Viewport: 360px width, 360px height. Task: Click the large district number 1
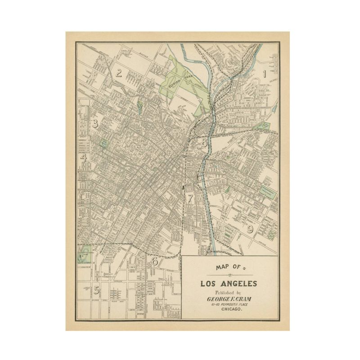[x=265, y=73]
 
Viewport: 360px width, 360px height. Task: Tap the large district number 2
[x=119, y=73]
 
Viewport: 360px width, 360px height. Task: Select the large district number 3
[x=95, y=124]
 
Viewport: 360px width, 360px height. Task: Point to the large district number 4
[x=83, y=158]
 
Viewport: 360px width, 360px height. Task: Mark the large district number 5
[x=96, y=290]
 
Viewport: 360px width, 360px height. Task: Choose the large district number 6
[x=154, y=261]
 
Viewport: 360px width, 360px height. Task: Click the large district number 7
[x=190, y=198]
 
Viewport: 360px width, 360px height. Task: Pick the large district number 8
[x=204, y=144]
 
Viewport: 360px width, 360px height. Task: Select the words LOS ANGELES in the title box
[x=229, y=283]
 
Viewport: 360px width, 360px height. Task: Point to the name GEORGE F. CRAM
[x=229, y=299]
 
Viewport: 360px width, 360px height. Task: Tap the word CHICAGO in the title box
[x=229, y=311]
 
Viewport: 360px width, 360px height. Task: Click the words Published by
[x=229, y=292]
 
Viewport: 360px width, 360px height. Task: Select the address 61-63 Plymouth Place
[x=229, y=306]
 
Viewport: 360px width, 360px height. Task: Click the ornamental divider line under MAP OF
[x=229, y=275]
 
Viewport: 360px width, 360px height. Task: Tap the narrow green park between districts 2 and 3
[x=139, y=107]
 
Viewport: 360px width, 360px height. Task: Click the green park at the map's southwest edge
[x=84, y=253]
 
